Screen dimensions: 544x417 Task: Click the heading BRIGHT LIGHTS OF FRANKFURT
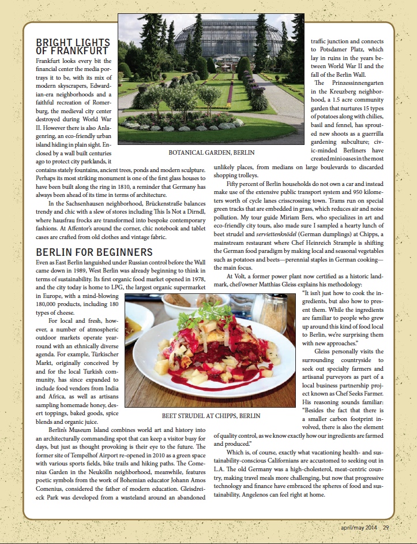tap(73, 47)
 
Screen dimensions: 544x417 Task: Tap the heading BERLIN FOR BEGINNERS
tap(94, 252)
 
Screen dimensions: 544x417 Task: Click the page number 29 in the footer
tap(386, 526)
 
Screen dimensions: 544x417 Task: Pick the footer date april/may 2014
tap(359, 526)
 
